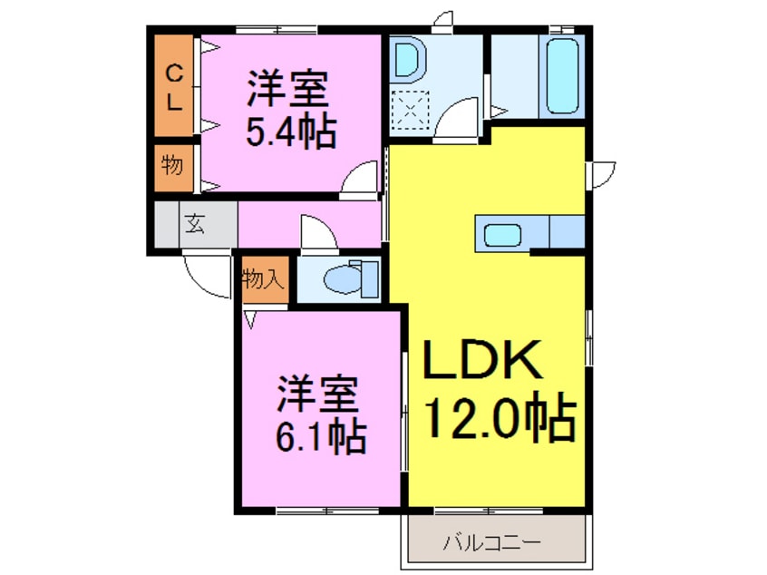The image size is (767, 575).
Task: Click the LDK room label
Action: click(x=484, y=362)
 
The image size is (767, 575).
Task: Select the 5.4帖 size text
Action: click(x=290, y=132)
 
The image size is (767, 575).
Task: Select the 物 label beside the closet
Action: click(x=171, y=166)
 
